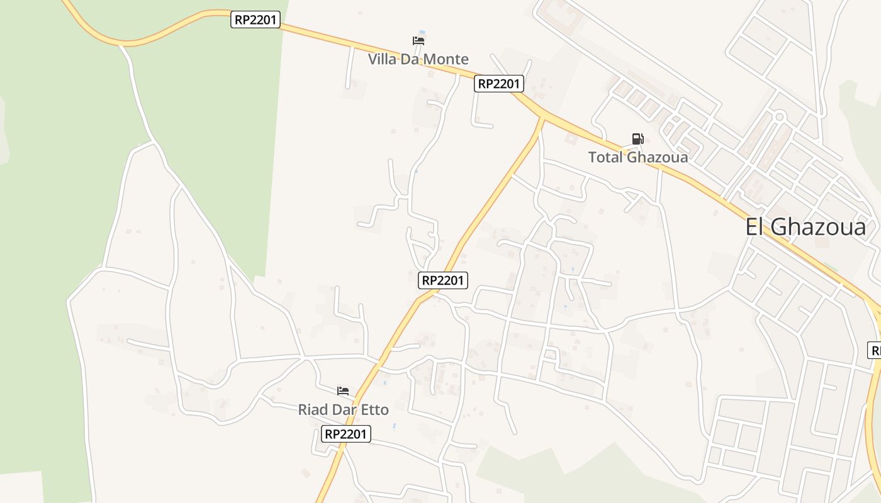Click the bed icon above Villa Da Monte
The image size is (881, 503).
coord(418,41)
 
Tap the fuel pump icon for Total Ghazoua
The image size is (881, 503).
coord(637,139)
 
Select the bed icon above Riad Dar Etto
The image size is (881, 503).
coord(343,391)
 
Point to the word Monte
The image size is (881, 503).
coord(446,60)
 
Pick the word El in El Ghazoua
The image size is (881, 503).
coord(755,227)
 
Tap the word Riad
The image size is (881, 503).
coord(313,410)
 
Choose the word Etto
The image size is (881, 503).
coord(374,410)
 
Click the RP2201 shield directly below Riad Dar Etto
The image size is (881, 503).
coord(345,434)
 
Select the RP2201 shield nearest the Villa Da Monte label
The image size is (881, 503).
coord(498,84)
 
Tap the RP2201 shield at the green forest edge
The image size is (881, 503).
coord(255,19)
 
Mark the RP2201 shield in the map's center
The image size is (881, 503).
coord(443,280)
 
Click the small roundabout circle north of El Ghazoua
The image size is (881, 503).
coord(779,116)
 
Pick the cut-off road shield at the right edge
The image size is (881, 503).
coord(874,350)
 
